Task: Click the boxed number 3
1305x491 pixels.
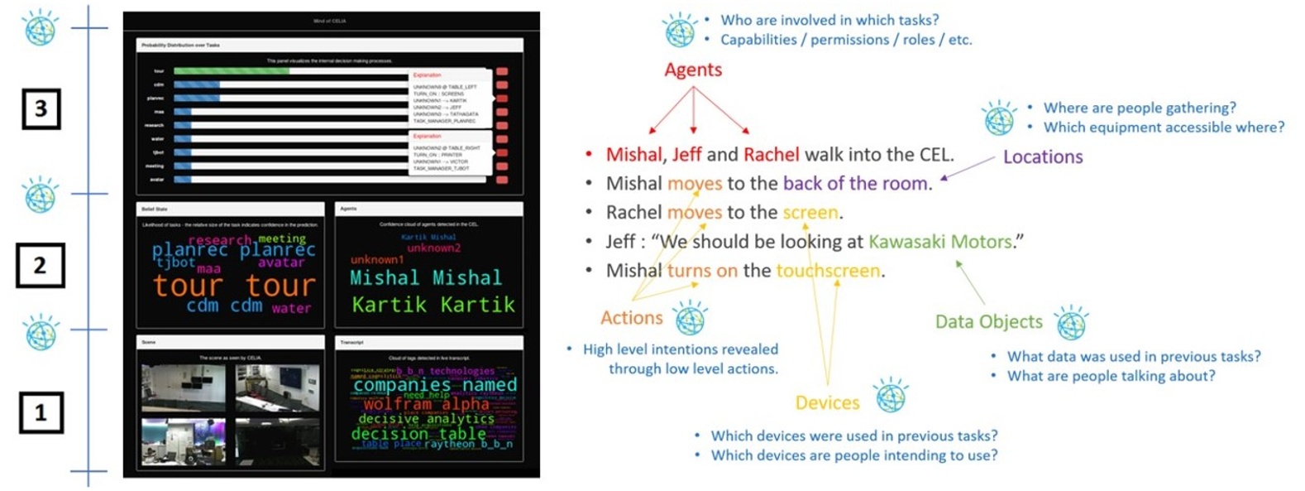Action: click(41, 108)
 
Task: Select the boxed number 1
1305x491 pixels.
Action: click(41, 412)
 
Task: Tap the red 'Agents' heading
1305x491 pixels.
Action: click(693, 70)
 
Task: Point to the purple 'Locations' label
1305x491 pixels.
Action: click(1043, 157)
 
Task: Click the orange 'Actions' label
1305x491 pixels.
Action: click(632, 318)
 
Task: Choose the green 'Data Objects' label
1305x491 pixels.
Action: click(988, 322)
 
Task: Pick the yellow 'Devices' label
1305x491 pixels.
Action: click(827, 403)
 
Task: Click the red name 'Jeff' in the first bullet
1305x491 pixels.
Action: click(686, 155)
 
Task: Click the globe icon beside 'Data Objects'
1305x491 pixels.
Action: click(1071, 322)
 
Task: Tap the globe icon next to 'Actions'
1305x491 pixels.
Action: click(690, 318)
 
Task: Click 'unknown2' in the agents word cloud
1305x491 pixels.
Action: click(434, 248)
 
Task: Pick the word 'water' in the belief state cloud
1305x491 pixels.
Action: click(291, 309)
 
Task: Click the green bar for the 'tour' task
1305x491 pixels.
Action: click(232, 71)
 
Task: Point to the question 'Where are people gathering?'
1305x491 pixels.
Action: click(1140, 108)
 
